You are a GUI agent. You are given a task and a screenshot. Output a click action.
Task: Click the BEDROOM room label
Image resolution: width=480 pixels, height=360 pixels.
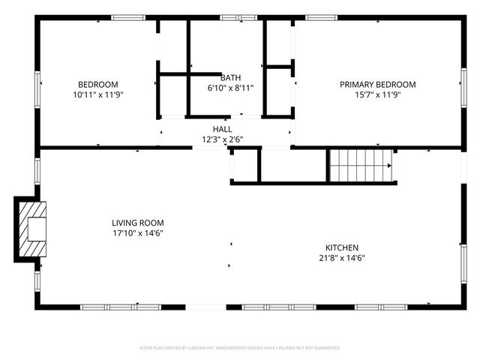point(97,84)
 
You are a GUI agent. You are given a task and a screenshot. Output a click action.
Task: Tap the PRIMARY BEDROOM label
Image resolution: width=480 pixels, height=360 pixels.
point(377,85)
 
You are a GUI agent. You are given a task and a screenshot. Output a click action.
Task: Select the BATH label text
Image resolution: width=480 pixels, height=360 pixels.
point(230,77)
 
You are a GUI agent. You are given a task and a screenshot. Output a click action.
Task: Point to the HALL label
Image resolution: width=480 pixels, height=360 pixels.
point(222,129)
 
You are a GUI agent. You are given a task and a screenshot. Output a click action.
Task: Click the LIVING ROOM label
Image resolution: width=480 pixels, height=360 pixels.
point(137,223)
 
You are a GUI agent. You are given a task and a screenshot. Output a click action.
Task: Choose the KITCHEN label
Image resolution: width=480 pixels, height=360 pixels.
point(341,247)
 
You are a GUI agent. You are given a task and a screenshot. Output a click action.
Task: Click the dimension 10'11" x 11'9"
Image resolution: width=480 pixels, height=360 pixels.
point(97,95)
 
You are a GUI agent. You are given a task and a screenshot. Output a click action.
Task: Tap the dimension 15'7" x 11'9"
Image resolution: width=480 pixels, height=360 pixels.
point(377,95)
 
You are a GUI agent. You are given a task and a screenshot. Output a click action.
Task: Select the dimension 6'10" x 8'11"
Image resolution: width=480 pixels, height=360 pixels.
point(230,88)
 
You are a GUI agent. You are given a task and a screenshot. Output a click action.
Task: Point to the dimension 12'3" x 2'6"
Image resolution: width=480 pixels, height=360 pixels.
point(222,139)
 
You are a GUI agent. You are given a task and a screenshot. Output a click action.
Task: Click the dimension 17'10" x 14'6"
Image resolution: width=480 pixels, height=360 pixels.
point(137,233)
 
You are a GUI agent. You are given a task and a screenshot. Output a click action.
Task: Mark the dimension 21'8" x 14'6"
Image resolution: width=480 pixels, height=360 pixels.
point(341,258)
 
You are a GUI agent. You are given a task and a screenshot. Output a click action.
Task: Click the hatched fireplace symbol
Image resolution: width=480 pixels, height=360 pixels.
point(31,229)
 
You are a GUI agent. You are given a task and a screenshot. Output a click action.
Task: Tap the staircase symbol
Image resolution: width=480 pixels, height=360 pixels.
point(361,164)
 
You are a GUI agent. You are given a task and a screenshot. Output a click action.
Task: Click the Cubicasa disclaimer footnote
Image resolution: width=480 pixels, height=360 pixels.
point(240,348)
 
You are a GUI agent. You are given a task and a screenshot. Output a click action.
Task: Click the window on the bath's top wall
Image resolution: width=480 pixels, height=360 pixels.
point(231,16)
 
